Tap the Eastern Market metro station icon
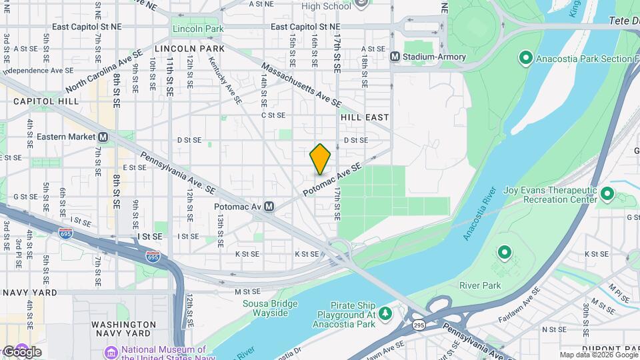[103, 137]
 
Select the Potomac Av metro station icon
[269, 207]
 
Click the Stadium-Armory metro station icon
[395, 57]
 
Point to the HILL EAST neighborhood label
[365, 117]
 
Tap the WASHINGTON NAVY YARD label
[114, 330]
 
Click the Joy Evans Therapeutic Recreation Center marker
[607, 195]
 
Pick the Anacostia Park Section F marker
[525, 59]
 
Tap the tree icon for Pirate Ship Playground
[385, 313]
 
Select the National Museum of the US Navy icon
[111, 351]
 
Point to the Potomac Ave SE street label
[332, 179]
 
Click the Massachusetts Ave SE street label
[301, 85]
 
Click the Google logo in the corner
[21, 351]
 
